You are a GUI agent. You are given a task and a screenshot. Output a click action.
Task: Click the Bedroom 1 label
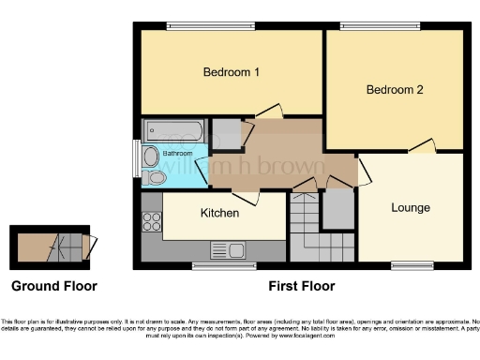point(231,72)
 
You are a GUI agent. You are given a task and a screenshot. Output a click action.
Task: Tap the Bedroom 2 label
point(394,90)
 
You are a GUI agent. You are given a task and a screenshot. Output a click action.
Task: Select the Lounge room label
point(410,207)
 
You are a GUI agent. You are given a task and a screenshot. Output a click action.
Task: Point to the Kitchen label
point(220,213)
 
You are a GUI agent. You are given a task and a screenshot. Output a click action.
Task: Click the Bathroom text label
point(178,153)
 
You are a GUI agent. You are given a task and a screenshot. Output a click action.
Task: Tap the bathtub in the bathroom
point(171,129)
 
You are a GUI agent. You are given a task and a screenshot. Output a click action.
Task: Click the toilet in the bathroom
point(157,176)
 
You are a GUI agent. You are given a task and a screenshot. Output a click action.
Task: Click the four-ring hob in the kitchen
point(151,222)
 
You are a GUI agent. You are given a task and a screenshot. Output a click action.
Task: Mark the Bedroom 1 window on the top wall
point(201,25)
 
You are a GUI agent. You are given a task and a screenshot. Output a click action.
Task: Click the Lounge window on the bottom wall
point(412,265)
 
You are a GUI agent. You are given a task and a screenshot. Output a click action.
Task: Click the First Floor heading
point(301,286)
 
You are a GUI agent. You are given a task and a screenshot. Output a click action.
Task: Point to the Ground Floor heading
point(53,286)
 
